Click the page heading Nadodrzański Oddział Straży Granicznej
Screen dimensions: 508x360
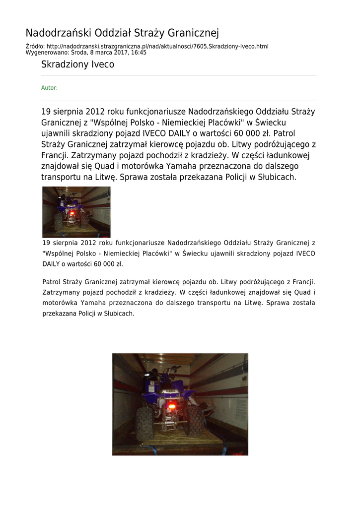click(122, 33)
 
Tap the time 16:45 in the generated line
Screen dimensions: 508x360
click(139, 52)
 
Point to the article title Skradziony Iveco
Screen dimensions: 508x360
click(77, 64)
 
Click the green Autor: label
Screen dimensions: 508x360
click(49, 88)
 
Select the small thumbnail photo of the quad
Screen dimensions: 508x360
click(76, 212)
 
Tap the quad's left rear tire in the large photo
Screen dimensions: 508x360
click(144, 423)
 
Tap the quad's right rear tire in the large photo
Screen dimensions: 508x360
click(195, 420)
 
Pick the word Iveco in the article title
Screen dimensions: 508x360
click(102, 64)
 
